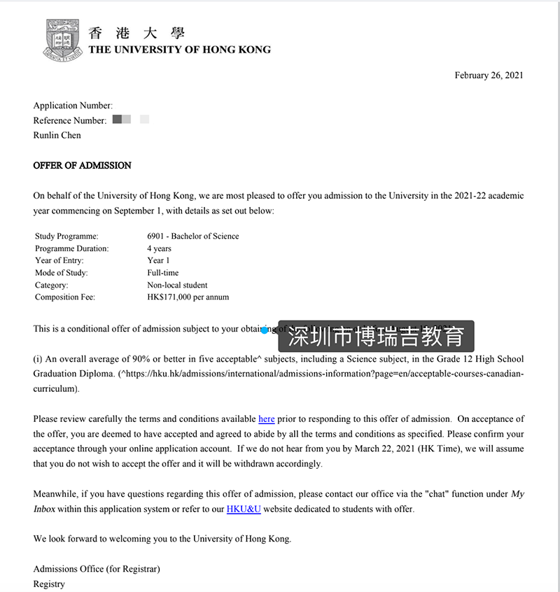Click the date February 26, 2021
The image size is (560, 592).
489,76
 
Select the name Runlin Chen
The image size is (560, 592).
57,135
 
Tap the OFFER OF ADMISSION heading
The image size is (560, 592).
83,166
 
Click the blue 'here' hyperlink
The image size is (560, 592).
266,419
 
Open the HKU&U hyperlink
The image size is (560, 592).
244,509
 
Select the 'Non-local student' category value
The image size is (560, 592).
177,286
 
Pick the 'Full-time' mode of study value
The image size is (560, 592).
163,273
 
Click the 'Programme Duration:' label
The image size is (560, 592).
72,248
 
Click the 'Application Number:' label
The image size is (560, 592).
73,106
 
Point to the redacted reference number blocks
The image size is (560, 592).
130,120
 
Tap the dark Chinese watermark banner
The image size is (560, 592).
377,337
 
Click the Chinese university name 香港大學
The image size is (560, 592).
137,33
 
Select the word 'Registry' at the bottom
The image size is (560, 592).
49,584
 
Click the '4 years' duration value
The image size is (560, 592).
160,248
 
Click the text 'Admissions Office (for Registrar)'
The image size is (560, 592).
97,569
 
